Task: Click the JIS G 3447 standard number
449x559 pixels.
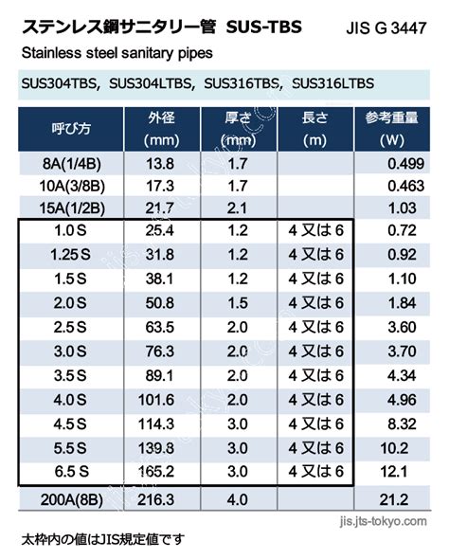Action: coord(386,28)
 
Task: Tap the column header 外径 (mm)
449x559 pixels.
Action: coord(161,129)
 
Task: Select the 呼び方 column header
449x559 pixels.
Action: coord(71,128)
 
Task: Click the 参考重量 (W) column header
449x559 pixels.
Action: coord(391,129)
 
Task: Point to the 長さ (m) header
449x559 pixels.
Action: coord(315,129)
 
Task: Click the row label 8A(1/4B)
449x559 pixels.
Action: coord(72,164)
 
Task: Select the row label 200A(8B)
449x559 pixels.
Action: coord(72,499)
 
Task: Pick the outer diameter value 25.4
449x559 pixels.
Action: coord(160,230)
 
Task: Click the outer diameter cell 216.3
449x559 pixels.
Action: coord(156,499)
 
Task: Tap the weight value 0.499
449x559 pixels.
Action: coord(405,164)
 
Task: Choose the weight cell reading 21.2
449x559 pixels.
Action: coord(393,499)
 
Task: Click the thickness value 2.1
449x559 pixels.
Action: coord(237,208)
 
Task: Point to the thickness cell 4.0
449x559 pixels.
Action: coord(238,499)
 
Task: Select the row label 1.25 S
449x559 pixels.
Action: coord(70,255)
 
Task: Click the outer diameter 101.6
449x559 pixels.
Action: coord(156,400)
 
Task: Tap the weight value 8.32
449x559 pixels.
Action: coord(402,424)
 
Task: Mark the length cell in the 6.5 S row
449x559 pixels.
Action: coord(315,472)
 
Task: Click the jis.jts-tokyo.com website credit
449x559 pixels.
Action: coord(383,521)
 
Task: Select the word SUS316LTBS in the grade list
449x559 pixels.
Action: coord(332,83)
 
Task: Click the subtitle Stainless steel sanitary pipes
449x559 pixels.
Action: coord(117,53)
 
